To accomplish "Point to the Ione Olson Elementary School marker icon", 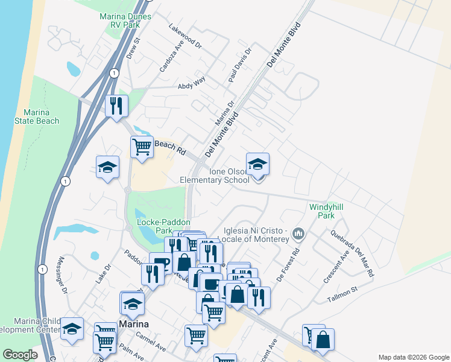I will click(257, 165).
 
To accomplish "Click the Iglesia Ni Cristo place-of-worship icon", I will click(298, 233).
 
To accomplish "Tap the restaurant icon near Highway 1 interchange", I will click(116, 106).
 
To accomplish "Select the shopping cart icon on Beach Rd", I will click(142, 147).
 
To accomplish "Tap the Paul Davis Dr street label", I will click(239, 66).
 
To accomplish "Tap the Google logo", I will click(20, 355).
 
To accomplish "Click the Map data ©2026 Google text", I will click(413, 357).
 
